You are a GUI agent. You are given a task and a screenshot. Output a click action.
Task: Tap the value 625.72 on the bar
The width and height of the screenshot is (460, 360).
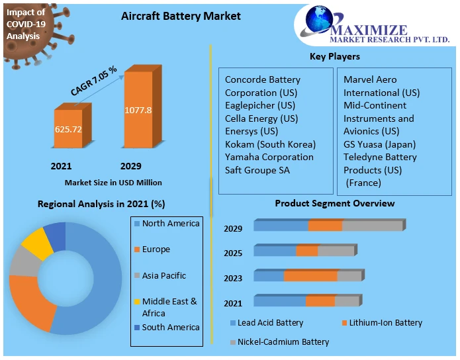pos(68,129)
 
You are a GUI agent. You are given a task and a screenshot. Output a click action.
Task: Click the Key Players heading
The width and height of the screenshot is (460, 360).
pos(335,57)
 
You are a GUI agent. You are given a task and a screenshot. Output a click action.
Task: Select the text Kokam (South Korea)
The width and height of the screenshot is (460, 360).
pos(270,144)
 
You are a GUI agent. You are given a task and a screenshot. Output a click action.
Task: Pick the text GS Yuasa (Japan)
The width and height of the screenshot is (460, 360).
pos(379,144)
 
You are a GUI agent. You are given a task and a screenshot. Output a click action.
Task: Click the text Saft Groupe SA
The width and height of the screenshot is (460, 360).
pos(257,170)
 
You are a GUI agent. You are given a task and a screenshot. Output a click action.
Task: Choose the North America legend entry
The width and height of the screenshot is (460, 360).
pos(170,224)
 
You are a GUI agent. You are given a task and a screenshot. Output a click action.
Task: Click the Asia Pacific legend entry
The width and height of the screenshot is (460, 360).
pos(163,275)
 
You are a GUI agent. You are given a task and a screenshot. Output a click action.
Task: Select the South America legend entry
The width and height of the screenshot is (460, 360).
pos(170,327)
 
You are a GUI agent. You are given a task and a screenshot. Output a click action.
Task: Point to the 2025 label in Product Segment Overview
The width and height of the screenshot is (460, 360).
pos(233,253)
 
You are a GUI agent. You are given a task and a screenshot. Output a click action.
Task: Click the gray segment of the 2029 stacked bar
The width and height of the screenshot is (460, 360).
pos(372,226)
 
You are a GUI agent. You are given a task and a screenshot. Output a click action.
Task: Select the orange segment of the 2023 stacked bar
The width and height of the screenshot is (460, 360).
pos(310,275)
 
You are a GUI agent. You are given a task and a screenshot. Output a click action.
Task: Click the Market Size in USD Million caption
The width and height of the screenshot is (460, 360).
pos(113,182)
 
